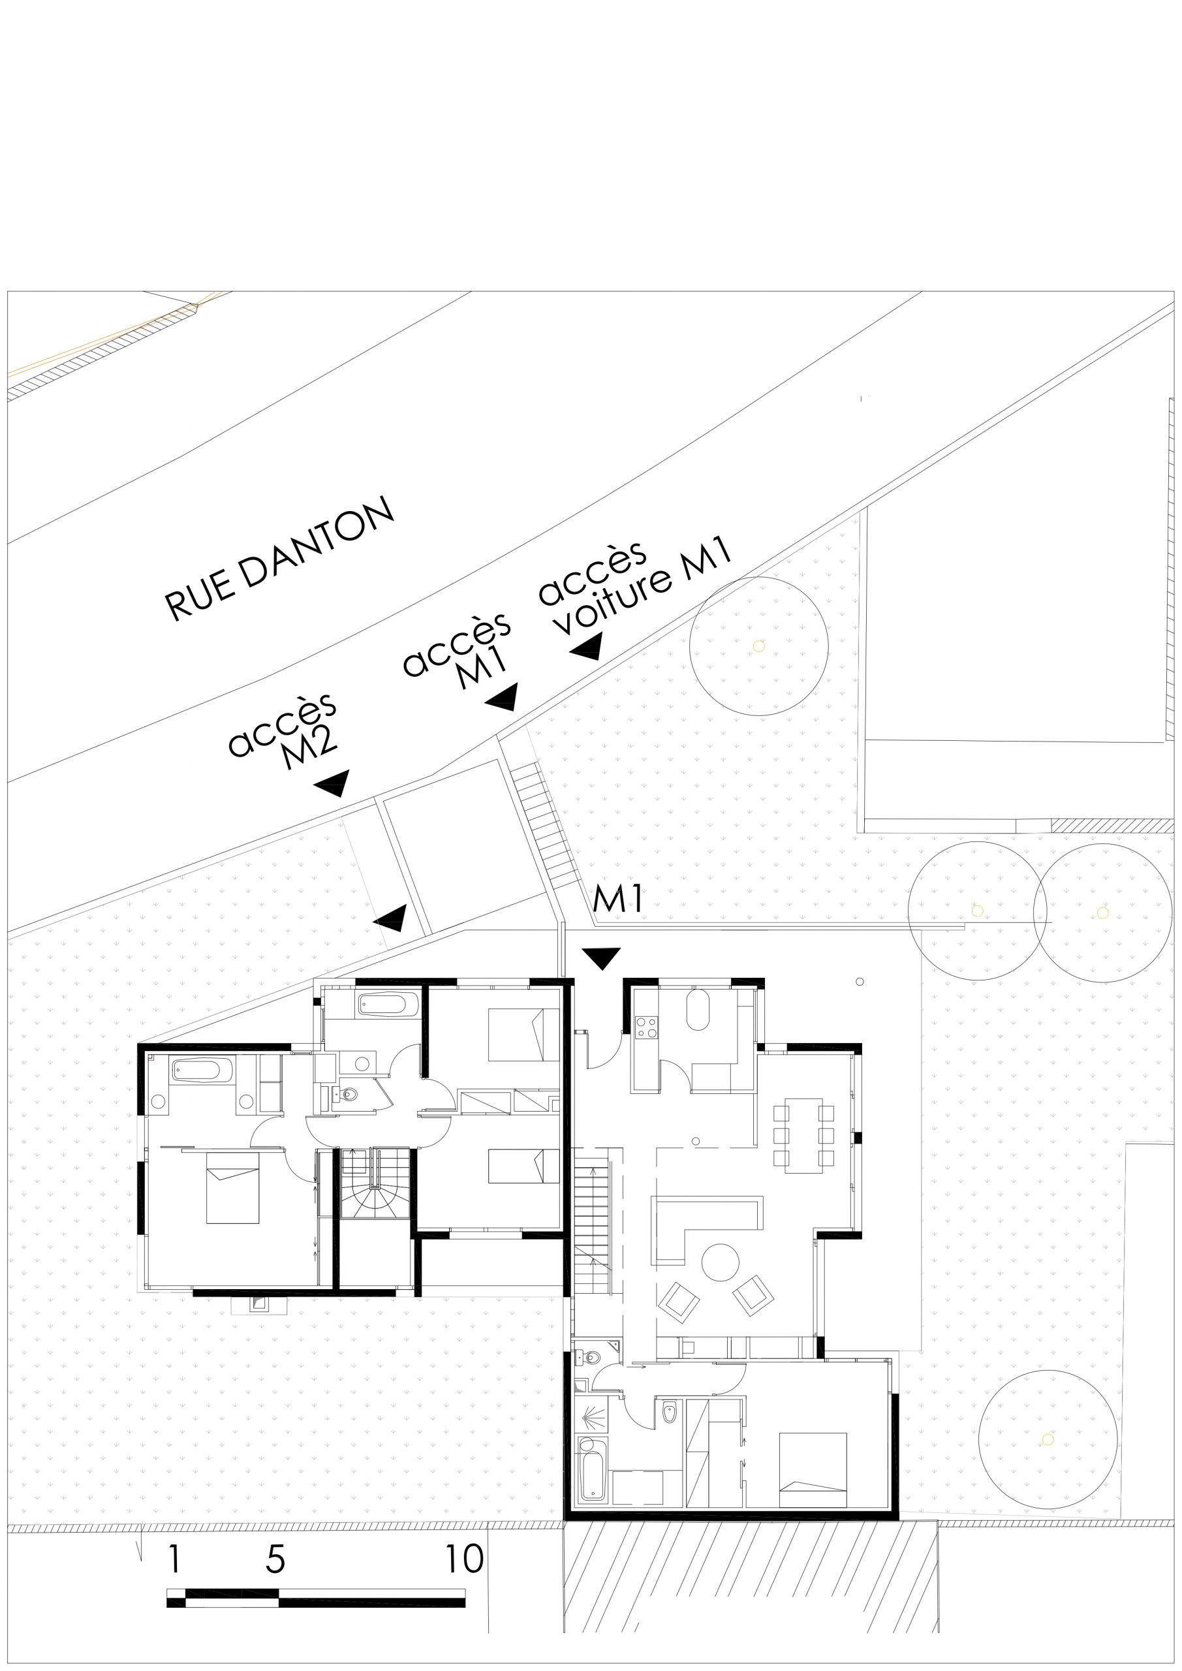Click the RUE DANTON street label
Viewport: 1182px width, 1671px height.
[x=280, y=559]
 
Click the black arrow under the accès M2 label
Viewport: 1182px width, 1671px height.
[x=333, y=783]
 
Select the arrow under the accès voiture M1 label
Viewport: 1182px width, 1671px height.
[x=587, y=646]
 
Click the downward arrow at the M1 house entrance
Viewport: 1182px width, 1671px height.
[x=601, y=958]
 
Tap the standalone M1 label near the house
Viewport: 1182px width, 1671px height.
[x=618, y=899]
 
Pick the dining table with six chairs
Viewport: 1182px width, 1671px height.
[x=803, y=1134]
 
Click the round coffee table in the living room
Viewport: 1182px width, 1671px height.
[x=720, y=1262]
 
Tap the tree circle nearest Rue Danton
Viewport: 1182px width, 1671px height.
[x=759, y=646]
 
